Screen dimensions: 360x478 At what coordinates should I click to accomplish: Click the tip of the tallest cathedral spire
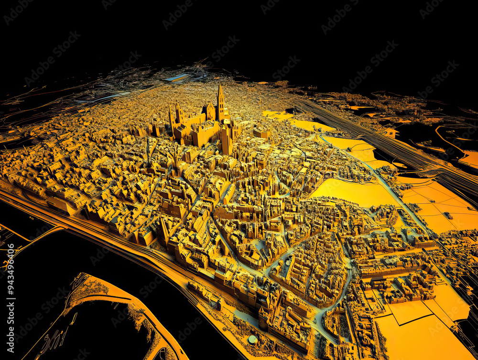pos(220,84)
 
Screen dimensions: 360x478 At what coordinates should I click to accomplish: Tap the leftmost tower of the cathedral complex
pos(171,117)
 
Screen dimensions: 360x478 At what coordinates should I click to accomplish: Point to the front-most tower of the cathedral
pos(227,139)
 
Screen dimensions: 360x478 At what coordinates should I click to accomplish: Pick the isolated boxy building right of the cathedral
pos(262,133)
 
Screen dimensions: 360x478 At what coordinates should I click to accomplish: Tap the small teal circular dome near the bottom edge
pos(252,339)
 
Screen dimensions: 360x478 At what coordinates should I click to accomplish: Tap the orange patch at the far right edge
pos(470,158)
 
